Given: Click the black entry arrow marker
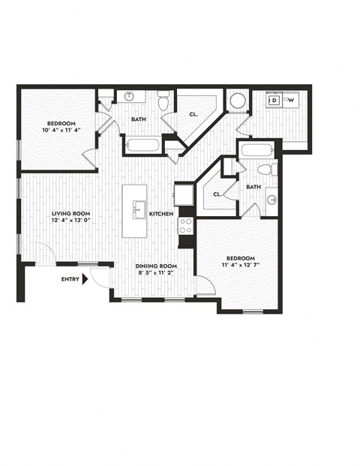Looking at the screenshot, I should click(x=86, y=279).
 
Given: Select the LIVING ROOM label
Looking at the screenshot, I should click(x=70, y=214).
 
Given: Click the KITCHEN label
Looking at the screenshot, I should click(x=161, y=214).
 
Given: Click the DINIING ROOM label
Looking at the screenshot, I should click(x=156, y=266).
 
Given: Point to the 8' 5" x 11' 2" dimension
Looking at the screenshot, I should click(x=156, y=274).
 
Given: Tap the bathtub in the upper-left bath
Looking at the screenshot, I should click(x=142, y=145).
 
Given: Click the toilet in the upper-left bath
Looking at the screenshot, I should click(x=164, y=98).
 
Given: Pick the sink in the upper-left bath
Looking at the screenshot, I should click(x=128, y=97).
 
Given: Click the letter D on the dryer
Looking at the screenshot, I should click(x=274, y=100).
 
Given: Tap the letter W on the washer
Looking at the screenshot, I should click(x=291, y=100).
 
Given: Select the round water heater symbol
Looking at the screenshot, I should click(x=238, y=101).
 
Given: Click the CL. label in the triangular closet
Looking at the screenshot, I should click(x=192, y=116).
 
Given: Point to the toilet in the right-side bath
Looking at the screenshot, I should click(x=273, y=170).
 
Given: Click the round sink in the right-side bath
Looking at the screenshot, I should click(x=271, y=200).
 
